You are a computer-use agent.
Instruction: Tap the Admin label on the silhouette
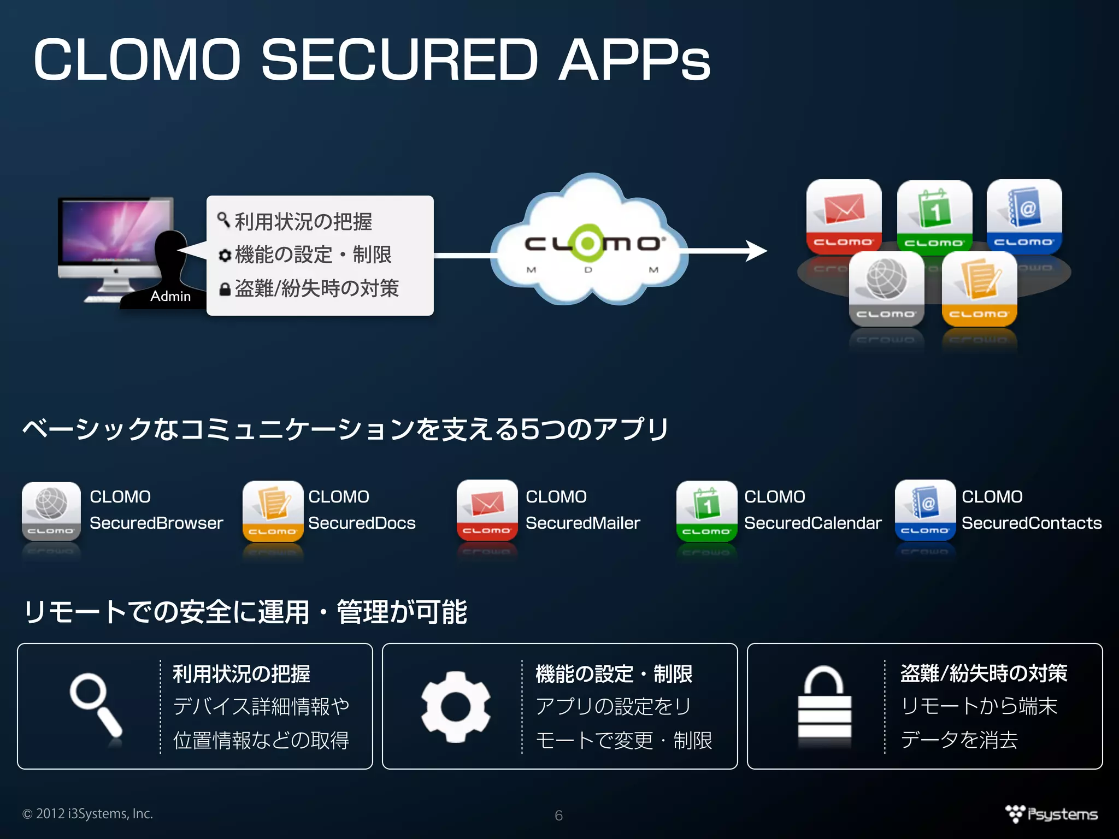click(170, 296)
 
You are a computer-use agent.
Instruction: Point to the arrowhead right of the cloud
click(757, 251)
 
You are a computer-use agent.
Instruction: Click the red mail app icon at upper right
click(844, 216)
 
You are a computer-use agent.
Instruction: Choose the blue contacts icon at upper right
click(1024, 216)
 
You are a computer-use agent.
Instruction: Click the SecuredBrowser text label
click(156, 523)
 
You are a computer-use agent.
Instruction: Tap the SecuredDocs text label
click(362, 523)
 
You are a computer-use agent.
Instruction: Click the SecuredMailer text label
click(582, 523)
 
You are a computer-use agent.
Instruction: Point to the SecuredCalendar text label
click(812, 523)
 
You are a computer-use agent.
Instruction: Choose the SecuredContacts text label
click(1032, 523)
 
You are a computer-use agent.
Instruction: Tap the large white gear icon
click(456, 706)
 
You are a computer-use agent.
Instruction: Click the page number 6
click(558, 816)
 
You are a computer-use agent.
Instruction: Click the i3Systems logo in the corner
click(1052, 814)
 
